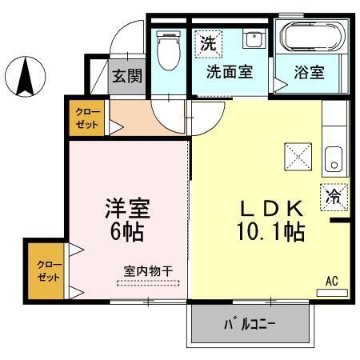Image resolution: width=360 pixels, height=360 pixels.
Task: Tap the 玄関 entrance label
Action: [126, 78]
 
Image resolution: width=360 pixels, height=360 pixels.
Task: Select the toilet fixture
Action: [168, 51]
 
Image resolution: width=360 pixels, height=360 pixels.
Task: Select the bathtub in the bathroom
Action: [311, 37]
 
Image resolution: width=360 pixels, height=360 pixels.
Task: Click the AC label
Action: [332, 281]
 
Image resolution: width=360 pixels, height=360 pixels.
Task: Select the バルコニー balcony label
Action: [248, 325]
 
